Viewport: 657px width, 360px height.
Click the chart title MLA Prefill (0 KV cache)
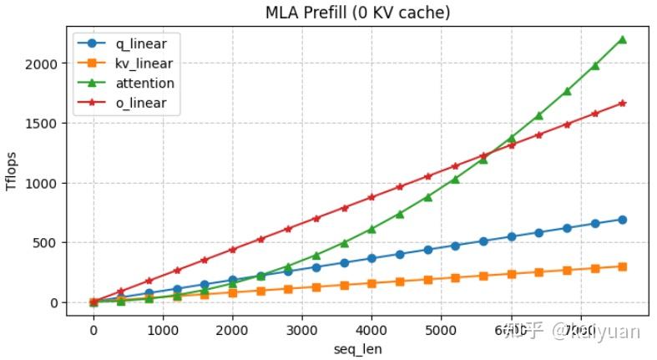pyautogui.click(x=357, y=12)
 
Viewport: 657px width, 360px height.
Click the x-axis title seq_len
pyautogui.click(x=357, y=348)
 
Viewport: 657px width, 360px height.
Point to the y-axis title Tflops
pyautogui.click(x=12, y=171)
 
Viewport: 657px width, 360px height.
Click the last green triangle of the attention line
pyautogui.click(x=622, y=39)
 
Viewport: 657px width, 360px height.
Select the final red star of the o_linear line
pyautogui.click(x=622, y=103)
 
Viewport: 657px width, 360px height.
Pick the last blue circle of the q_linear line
pyautogui.click(x=622, y=220)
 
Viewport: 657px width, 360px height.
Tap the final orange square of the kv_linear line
pyautogui.click(x=622, y=266)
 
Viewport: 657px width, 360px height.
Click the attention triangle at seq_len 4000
pyautogui.click(x=371, y=229)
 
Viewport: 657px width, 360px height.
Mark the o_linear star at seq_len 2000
pyautogui.click(x=233, y=250)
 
